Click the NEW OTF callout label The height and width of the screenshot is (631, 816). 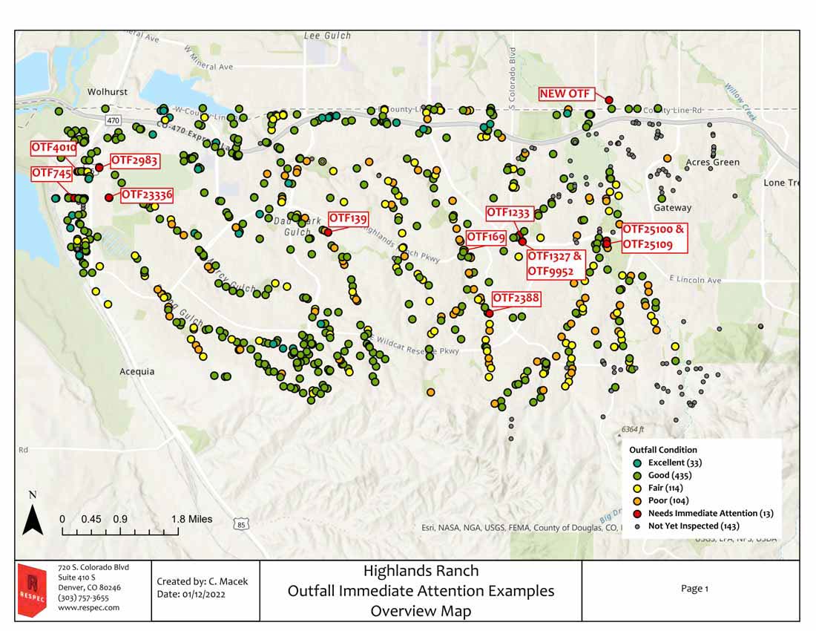pyautogui.click(x=565, y=94)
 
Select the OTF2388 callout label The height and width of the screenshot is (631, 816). pyautogui.click(x=516, y=299)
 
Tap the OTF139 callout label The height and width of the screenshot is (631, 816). pyautogui.click(x=348, y=218)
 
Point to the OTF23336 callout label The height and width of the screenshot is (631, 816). pyautogui.click(x=147, y=194)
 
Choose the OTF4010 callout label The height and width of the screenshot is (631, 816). pyautogui.click(x=53, y=147)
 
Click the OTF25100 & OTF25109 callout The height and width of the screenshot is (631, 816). pyautogui.click(x=653, y=237)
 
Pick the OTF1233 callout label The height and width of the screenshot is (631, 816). pyautogui.click(x=508, y=213)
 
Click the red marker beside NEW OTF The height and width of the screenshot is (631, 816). pyautogui.click(x=609, y=100)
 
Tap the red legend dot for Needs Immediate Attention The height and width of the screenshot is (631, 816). pyautogui.click(x=637, y=513)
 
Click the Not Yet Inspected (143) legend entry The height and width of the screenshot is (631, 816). pyautogui.click(x=694, y=526)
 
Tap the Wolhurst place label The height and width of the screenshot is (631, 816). pyautogui.click(x=108, y=92)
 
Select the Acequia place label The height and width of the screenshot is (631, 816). pyautogui.click(x=137, y=371)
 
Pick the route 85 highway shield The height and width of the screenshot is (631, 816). pyautogui.click(x=240, y=525)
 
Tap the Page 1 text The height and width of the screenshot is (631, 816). pyautogui.click(x=694, y=589)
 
